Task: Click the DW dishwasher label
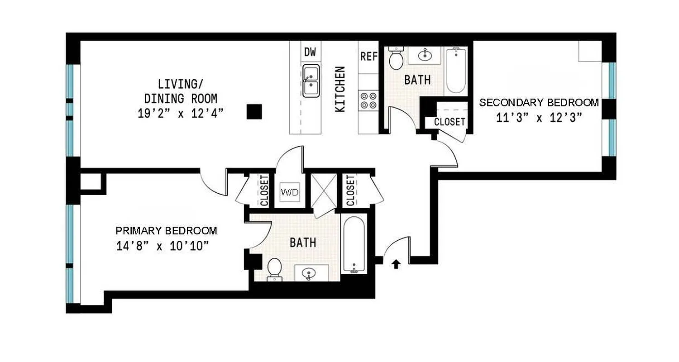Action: [310, 52]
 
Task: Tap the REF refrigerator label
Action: [369, 57]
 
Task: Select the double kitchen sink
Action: [311, 81]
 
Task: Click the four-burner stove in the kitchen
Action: [368, 100]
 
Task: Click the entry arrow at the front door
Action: [396, 264]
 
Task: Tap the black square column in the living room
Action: [254, 111]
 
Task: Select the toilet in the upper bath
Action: [396, 59]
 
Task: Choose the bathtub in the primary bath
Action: [354, 245]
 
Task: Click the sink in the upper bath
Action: [425, 56]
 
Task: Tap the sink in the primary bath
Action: [310, 273]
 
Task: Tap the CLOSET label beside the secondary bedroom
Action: [449, 122]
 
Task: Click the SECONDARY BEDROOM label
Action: [539, 103]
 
